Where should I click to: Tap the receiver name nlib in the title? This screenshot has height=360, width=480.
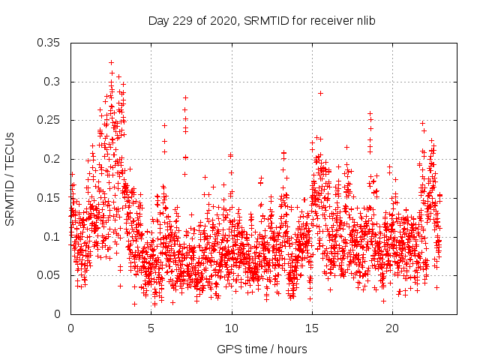click(x=364, y=20)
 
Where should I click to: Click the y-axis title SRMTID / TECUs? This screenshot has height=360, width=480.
click(x=10, y=178)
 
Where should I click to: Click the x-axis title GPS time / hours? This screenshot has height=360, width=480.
click(x=262, y=349)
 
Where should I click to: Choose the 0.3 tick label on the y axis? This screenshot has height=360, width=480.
click(x=54, y=82)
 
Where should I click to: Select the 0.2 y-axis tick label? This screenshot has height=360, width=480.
click(x=54, y=159)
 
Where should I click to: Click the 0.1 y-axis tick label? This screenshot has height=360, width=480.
click(x=54, y=236)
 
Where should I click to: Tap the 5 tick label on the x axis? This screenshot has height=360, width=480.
click(x=151, y=328)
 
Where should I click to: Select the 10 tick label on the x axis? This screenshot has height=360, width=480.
click(x=232, y=328)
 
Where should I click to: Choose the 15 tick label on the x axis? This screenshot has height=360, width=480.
click(x=313, y=328)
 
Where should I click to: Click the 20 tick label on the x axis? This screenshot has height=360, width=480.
click(x=393, y=328)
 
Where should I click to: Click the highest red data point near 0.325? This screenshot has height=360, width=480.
click(x=111, y=63)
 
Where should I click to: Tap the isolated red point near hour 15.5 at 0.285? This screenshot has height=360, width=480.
click(x=320, y=93)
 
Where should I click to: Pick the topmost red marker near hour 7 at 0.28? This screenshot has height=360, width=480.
click(x=185, y=97)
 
